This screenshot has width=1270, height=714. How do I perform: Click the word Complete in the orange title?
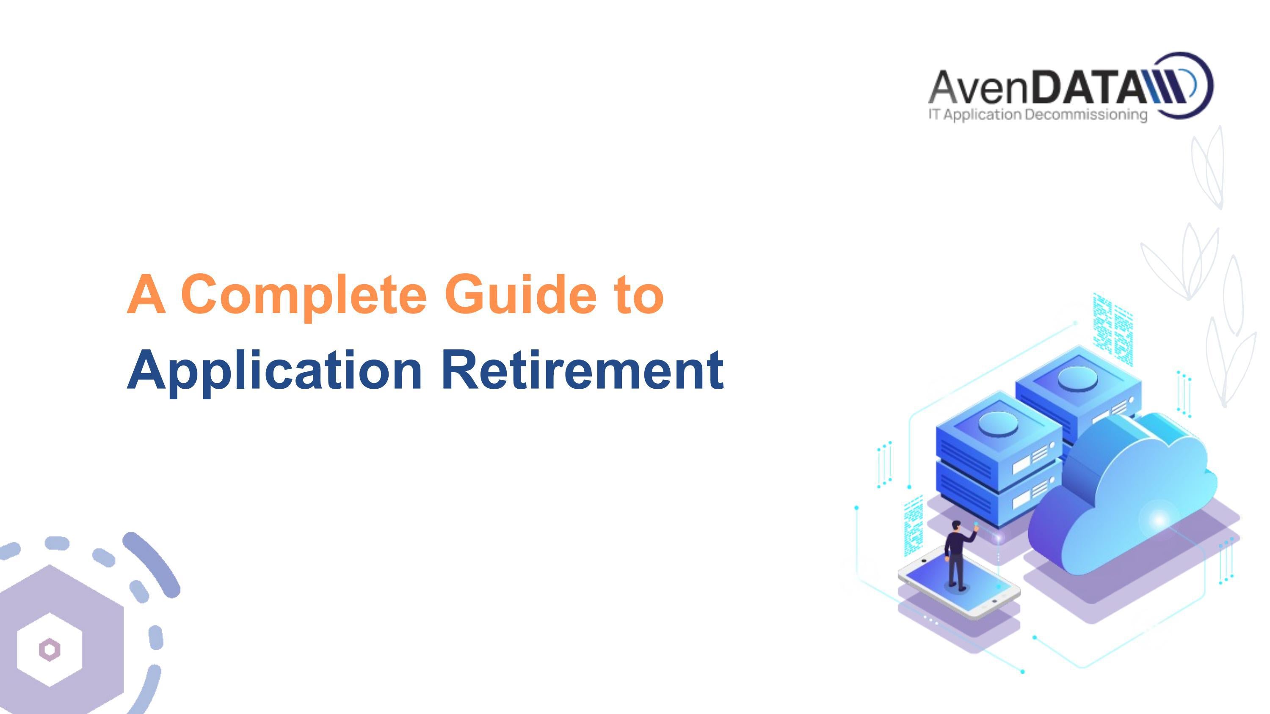tap(303, 295)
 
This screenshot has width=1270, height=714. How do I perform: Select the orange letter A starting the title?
tap(146, 295)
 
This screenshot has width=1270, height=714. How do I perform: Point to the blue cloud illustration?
tap(1129, 498)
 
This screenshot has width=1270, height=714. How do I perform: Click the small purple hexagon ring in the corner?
tap(49, 649)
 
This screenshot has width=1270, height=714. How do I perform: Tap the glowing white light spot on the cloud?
tap(1159, 519)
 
